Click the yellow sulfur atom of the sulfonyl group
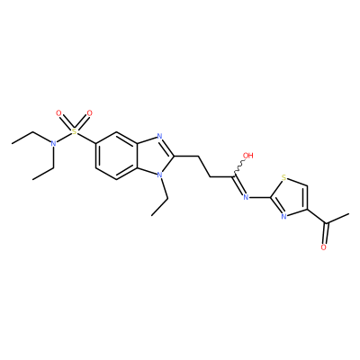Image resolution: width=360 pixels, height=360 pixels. pyautogui.click(x=74, y=131)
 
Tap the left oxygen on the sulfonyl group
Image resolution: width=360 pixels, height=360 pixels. pyautogui.click(x=58, y=113)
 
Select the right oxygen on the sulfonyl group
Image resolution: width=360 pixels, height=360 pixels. pyautogui.click(x=89, y=113)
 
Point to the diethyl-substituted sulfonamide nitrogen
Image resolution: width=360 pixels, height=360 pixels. pyautogui.click(x=53, y=143)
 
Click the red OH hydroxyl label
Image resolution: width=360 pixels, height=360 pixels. pyautogui.click(x=248, y=156)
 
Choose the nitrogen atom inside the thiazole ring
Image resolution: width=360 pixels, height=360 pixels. pyautogui.click(x=283, y=216)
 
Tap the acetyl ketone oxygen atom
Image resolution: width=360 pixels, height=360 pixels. pyautogui.click(x=323, y=247)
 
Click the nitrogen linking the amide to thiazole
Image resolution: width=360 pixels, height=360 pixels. pyautogui.click(x=247, y=197)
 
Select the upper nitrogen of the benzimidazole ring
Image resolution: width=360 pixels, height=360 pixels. pyautogui.click(x=159, y=138)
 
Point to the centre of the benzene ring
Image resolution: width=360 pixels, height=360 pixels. pyautogui.click(x=116, y=156)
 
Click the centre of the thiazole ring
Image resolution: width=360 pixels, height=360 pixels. pyautogui.click(x=290, y=197)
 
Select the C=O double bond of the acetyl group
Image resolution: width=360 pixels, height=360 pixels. pyautogui.click(x=325, y=233)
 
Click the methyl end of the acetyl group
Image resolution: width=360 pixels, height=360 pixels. pyautogui.click(x=348, y=214)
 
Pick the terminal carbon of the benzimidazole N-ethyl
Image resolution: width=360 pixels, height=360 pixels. pyautogui.click(x=152, y=215)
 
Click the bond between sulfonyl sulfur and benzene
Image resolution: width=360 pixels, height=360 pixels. pyautogui.click(x=86, y=139)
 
